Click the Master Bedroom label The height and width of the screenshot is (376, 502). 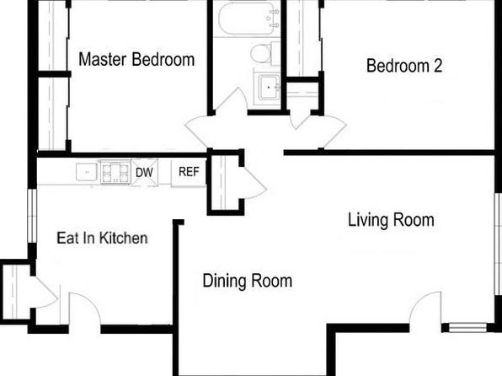click(x=136, y=59)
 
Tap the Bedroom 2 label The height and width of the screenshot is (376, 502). click(x=404, y=66)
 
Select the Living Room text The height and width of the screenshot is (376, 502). click(x=391, y=220)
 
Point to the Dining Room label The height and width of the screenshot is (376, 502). click(x=248, y=281)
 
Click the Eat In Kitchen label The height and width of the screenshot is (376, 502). click(x=103, y=239)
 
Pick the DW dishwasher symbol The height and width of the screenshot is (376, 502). click(x=145, y=172)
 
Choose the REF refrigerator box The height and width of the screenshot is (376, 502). click(x=189, y=172)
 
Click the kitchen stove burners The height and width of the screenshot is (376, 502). click(x=115, y=172)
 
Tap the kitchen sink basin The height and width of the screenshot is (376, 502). click(x=87, y=172)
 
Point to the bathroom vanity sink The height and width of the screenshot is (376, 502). click(x=269, y=87)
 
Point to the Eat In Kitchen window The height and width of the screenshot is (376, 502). click(x=32, y=216)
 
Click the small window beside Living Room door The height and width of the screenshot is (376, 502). click(x=467, y=328)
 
